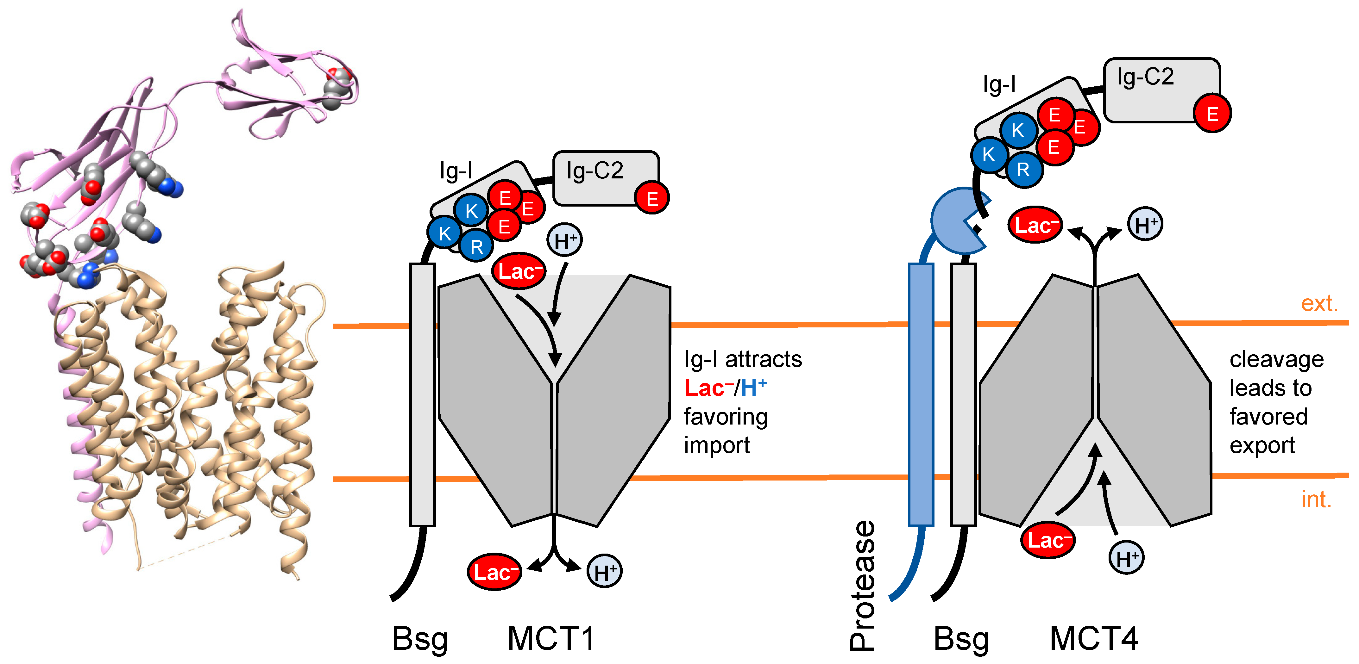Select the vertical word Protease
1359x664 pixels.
point(863,586)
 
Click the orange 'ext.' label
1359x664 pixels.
point(1319,304)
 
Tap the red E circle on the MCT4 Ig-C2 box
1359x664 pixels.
point(1212,114)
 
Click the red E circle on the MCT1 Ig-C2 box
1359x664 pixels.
point(652,199)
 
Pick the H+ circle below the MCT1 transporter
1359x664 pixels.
point(605,572)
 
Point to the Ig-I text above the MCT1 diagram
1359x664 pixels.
point(456,171)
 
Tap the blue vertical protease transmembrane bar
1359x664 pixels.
point(921,395)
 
